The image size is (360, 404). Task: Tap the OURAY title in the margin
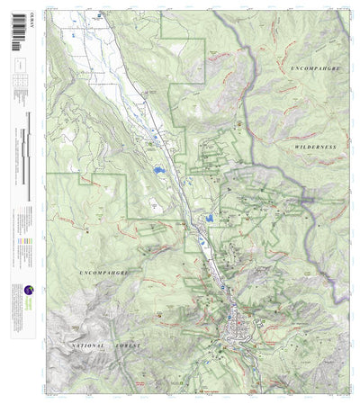coord(19,14)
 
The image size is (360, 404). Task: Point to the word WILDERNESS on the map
coord(314,145)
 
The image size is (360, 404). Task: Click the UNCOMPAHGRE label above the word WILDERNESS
coord(314,67)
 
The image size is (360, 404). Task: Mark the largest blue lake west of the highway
coord(158,169)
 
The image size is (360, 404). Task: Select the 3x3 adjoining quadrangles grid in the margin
coord(19,82)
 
